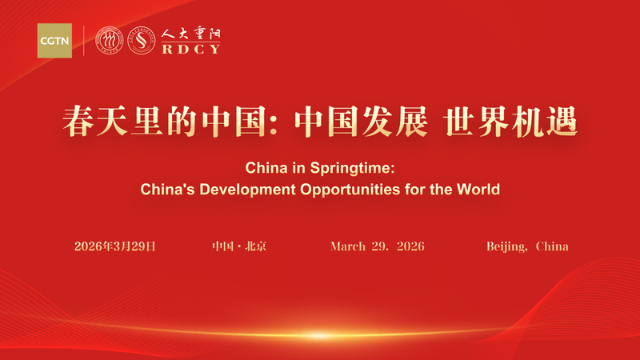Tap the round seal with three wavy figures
coord(110,40)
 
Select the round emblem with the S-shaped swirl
coord(142,40)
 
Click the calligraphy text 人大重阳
coord(190,34)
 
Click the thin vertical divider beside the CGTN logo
coord(85,40)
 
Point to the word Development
coord(244,190)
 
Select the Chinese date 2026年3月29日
coord(114,246)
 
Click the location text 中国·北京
coord(239,246)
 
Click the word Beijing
coord(507,246)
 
